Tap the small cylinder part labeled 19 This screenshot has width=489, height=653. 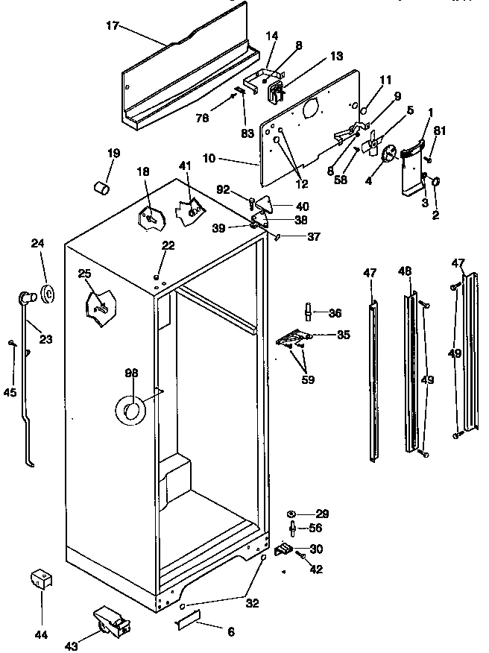click(101, 186)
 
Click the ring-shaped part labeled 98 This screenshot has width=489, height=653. click(130, 409)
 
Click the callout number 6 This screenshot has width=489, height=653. click(230, 631)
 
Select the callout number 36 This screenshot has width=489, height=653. click(335, 313)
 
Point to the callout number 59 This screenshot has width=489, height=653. click(308, 379)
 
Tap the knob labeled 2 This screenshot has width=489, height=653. click(436, 180)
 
